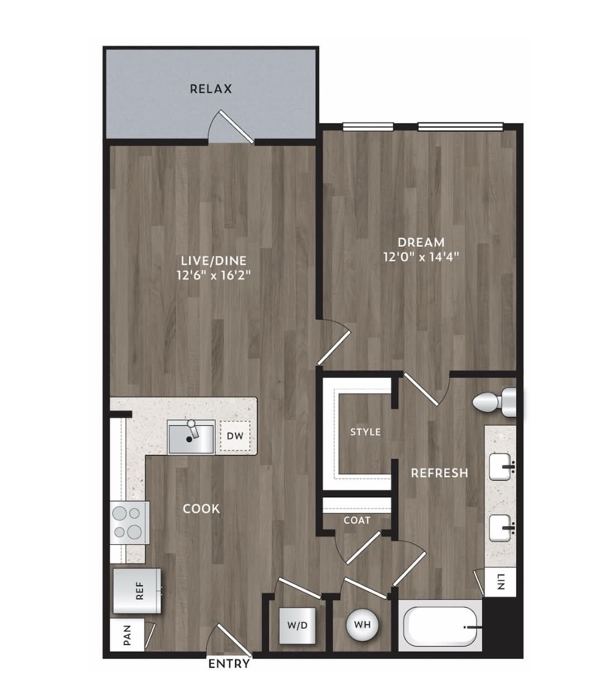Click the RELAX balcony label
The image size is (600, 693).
(211, 89)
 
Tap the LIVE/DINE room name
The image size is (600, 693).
(213, 260)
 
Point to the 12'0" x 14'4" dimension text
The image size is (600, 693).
(421, 257)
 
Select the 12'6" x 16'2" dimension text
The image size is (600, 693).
(214, 276)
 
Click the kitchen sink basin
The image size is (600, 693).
(191, 439)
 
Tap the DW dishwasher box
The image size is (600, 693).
(235, 436)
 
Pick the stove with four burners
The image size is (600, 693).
(130, 523)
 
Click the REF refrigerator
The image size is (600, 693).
(137, 590)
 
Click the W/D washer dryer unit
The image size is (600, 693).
(297, 625)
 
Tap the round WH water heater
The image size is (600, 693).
(363, 625)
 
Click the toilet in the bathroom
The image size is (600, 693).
(495, 402)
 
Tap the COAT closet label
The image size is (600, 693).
(357, 520)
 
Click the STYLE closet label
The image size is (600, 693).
(365, 432)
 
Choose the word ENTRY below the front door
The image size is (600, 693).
(229, 664)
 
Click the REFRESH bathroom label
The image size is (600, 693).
(440, 473)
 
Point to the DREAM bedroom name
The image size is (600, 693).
(421, 242)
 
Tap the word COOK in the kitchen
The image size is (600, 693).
(201, 509)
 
